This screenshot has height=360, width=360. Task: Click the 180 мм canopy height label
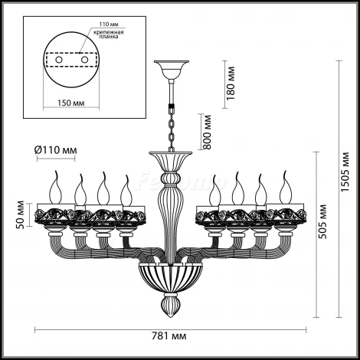[x=231, y=77]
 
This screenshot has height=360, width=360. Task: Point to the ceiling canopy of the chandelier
[x=169, y=70]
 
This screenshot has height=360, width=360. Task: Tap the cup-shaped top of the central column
[x=169, y=162]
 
